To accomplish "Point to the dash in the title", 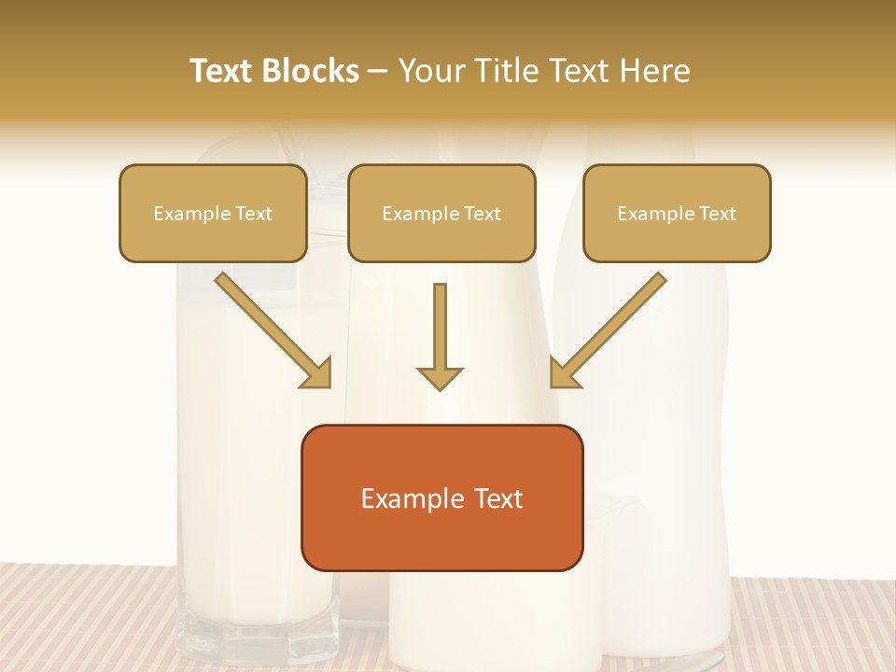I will (378, 72).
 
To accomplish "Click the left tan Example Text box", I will (213, 214).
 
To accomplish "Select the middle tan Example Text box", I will (441, 214).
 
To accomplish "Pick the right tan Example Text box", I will (677, 214).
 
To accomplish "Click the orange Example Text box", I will (441, 498).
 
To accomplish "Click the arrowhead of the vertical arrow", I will (440, 377).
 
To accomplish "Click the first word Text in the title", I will (224, 71).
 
